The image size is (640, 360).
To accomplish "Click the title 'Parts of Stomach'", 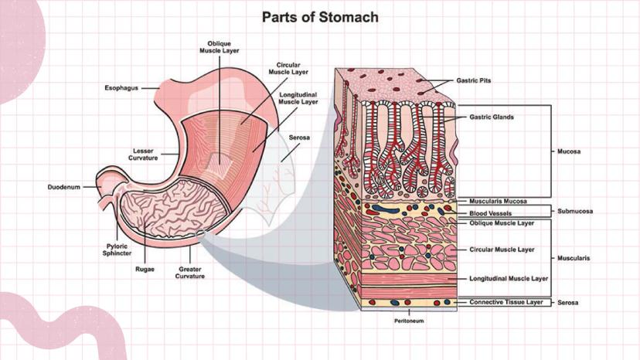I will [320, 16].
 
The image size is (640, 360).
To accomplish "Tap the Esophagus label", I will [121, 88].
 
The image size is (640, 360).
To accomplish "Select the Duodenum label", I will [64, 187].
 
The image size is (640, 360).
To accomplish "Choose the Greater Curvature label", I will [189, 273].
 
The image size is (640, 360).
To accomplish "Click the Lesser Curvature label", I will [143, 154].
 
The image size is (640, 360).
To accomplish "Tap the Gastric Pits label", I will [475, 80].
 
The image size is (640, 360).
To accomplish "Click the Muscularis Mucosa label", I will [499, 202].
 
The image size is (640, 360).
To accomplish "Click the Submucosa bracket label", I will [575, 210].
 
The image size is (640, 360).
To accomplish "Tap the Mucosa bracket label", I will [569, 151].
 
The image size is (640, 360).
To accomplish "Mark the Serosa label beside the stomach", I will [299, 138].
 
